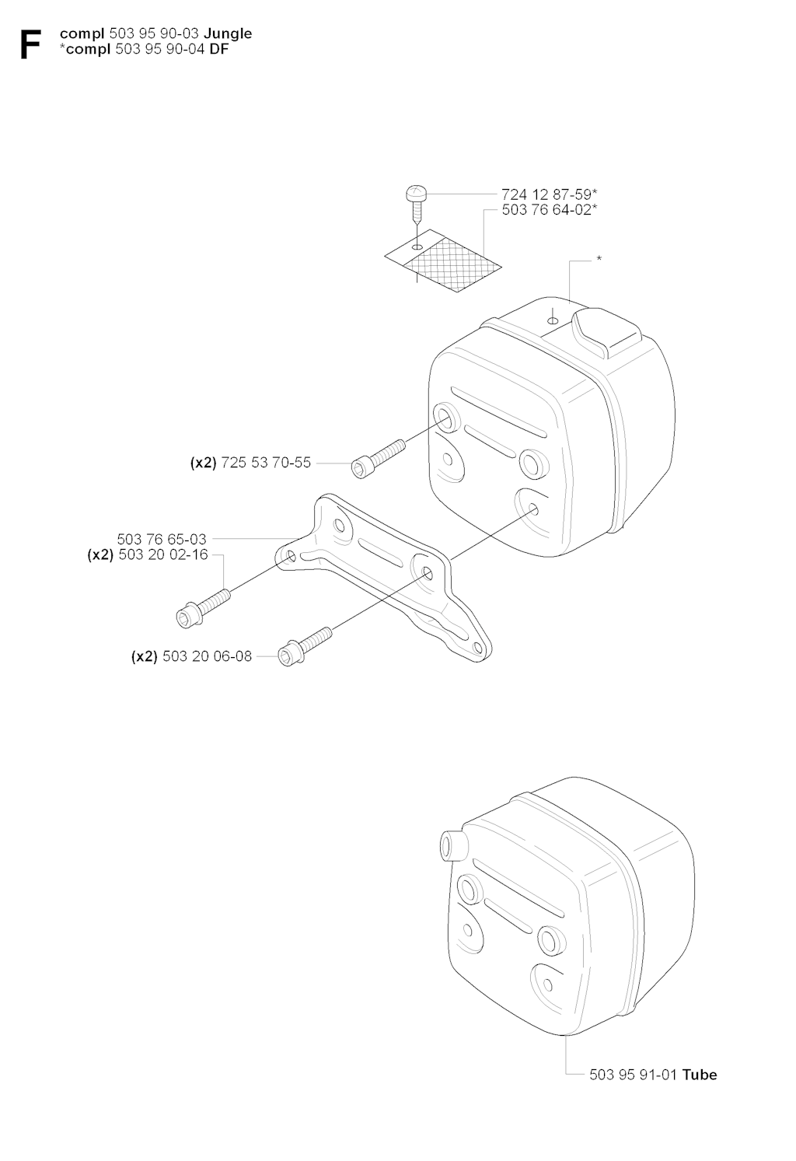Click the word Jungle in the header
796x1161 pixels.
(x=228, y=34)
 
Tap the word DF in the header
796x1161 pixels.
(x=219, y=49)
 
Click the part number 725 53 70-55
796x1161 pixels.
(x=266, y=463)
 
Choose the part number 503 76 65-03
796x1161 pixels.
(x=162, y=539)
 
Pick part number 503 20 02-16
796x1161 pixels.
(x=163, y=554)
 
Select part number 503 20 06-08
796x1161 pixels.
(x=208, y=656)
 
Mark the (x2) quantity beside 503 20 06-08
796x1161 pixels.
(x=144, y=656)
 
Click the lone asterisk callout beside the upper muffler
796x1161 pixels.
(x=599, y=259)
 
